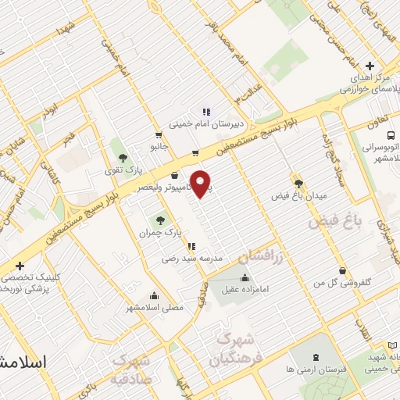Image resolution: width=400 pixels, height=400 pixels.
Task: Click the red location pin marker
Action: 202,183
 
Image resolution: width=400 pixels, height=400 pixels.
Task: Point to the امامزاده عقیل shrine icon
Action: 245,277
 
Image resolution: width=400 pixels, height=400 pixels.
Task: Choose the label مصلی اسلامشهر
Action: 155,307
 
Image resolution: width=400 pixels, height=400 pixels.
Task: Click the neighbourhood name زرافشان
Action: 255,256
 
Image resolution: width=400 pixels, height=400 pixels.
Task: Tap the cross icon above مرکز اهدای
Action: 370,66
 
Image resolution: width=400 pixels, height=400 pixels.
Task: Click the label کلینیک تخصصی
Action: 31,278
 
